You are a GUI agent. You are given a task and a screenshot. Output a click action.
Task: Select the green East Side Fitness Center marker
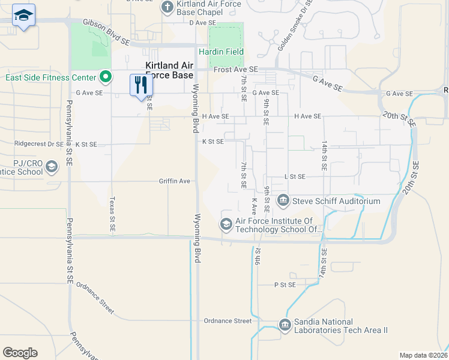pyautogui.click(x=106, y=77)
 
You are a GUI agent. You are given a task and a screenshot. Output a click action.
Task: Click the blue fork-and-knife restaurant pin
pyautogui.click(x=141, y=85)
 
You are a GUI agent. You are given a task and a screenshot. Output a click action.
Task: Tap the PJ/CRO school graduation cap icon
pyautogui.click(x=52, y=166)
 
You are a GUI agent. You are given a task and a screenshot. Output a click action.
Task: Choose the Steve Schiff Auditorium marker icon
pyautogui.click(x=282, y=200)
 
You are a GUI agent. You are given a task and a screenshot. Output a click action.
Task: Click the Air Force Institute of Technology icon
pyautogui.click(x=226, y=224)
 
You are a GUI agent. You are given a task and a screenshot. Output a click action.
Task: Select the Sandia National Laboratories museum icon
pyautogui.click(x=285, y=325)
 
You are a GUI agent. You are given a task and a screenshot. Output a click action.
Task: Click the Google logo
pyautogui.click(x=20, y=353)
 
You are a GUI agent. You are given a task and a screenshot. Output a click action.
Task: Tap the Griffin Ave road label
pyautogui.click(x=174, y=181)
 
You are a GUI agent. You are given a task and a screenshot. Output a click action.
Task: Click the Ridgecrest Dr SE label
pyautogui.click(x=38, y=144)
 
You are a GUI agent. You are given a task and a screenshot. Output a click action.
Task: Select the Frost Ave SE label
pyautogui.click(x=236, y=70)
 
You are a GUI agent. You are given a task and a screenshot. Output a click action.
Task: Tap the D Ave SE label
pyautogui.click(x=202, y=23)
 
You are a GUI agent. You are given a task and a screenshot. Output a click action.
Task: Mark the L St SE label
pyautogui.click(x=295, y=176)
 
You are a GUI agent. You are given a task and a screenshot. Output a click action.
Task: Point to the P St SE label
pyautogui.click(x=286, y=284)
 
